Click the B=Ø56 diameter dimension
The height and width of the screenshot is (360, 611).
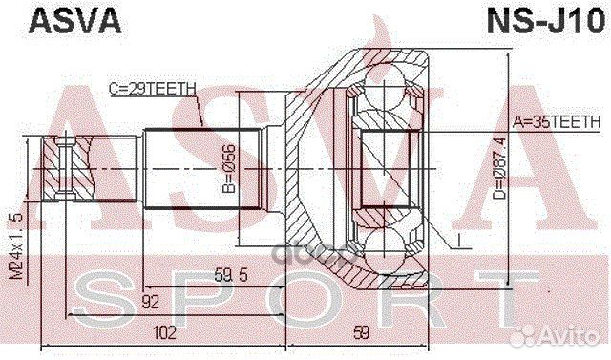(229, 170)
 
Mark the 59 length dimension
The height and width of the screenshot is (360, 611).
(360, 333)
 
